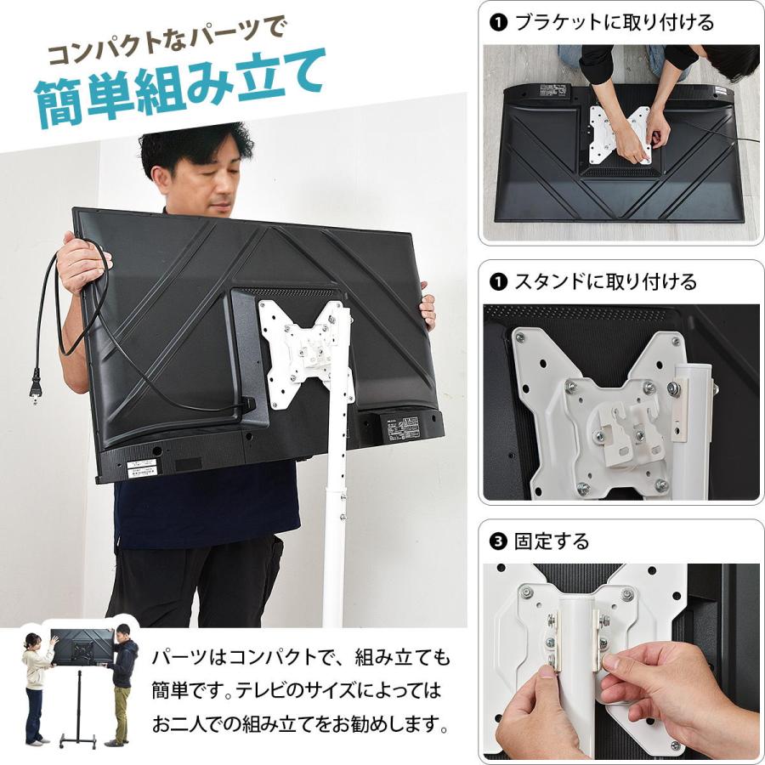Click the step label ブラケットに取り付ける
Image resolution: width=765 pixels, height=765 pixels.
614,22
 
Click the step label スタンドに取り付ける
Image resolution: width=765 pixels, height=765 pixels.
605,281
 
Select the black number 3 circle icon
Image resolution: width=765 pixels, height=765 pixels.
498,541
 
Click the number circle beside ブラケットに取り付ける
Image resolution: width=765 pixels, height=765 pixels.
498,22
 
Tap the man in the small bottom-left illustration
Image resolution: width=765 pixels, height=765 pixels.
124,684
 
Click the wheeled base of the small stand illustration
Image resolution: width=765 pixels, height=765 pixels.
82,738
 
